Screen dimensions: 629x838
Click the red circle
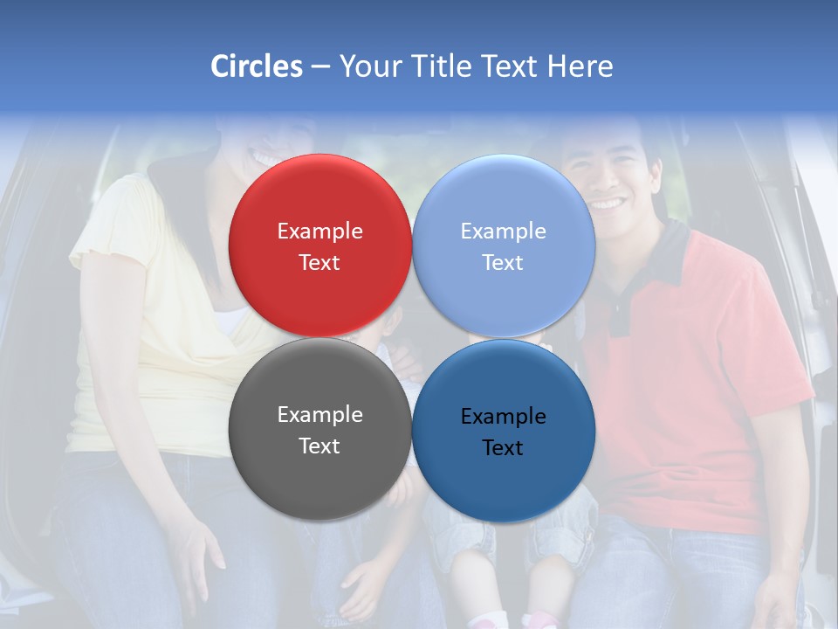319,245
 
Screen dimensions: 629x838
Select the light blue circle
504,245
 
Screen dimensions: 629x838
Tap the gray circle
319,430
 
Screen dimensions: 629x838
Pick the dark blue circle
504,430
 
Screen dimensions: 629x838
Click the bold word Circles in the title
257,66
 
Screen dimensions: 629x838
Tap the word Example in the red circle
319,231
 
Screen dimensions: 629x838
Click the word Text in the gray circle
319,446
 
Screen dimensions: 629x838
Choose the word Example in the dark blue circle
504,416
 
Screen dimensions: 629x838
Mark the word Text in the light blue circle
503,262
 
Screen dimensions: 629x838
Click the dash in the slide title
320,67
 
